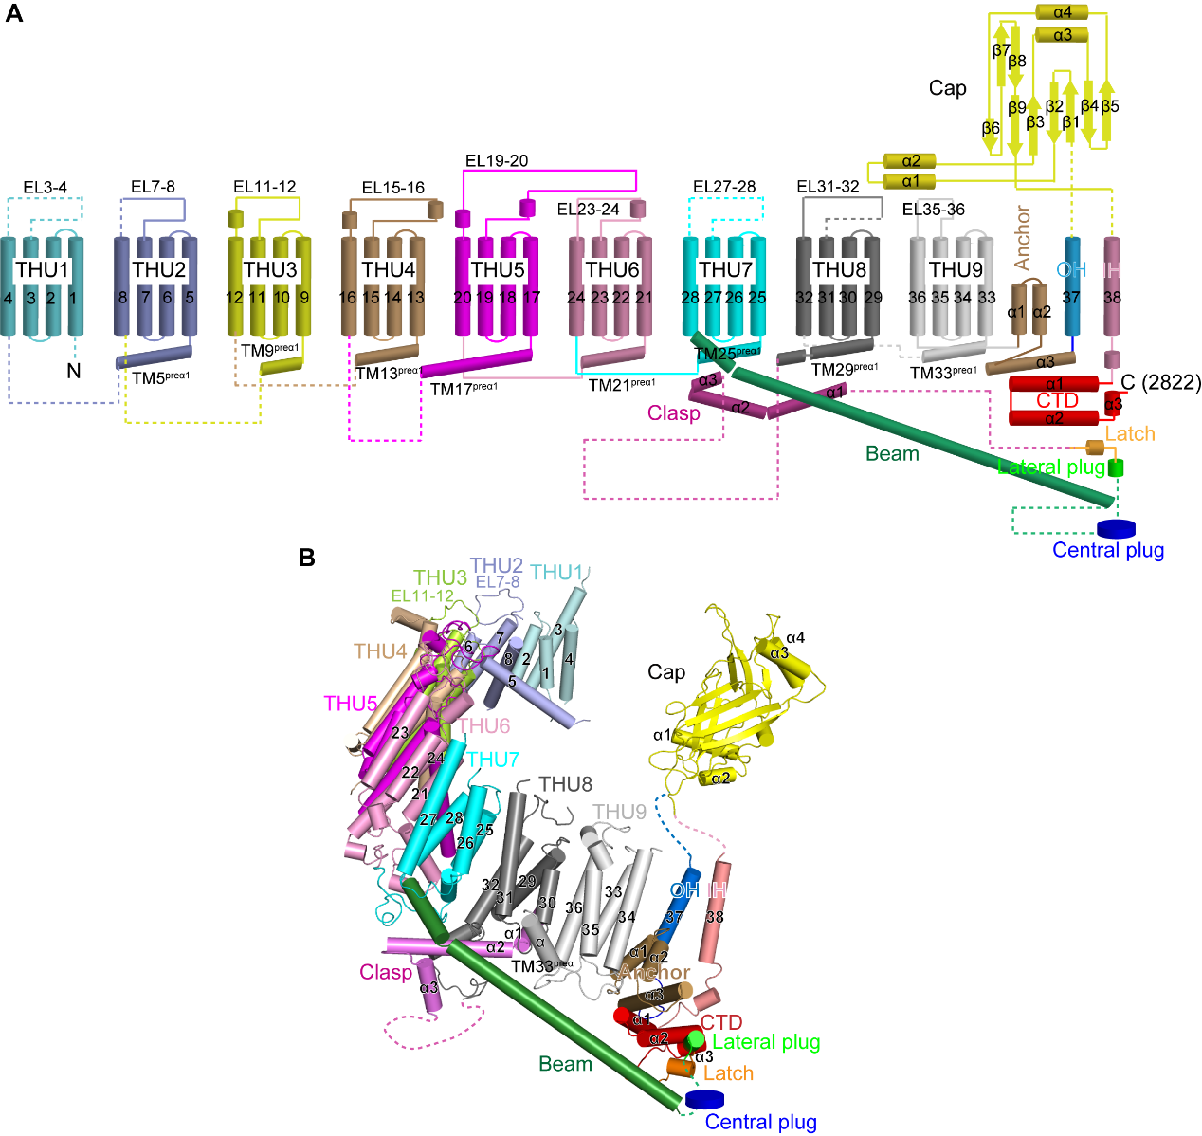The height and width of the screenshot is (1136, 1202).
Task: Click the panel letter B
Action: (306, 557)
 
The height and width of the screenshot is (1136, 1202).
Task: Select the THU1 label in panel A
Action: (43, 270)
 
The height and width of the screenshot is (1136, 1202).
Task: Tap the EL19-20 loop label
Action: (497, 161)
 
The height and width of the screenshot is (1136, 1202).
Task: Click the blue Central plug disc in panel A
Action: (1116, 528)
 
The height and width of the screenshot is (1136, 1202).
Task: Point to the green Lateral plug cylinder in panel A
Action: (1117, 467)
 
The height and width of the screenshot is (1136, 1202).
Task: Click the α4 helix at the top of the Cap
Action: (1063, 13)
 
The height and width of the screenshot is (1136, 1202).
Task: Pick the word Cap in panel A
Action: (947, 88)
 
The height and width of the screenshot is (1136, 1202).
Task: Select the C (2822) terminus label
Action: (1160, 382)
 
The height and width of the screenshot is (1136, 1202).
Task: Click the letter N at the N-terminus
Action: (73, 371)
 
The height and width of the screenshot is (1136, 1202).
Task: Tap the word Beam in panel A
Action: (892, 454)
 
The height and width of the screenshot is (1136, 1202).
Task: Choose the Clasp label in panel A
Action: (673, 413)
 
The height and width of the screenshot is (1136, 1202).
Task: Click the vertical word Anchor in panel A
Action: (1022, 237)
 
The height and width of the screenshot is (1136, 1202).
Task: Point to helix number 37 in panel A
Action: (1071, 298)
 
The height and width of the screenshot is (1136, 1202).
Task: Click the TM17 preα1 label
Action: (464, 389)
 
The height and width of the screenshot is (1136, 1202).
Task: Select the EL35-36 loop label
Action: (933, 210)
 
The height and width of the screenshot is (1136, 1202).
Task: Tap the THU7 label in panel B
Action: (492, 760)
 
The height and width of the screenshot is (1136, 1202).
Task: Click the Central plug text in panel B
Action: (760, 1123)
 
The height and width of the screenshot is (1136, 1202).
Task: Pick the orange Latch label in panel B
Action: (728, 1073)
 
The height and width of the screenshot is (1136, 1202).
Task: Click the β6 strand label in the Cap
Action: (991, 128)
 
